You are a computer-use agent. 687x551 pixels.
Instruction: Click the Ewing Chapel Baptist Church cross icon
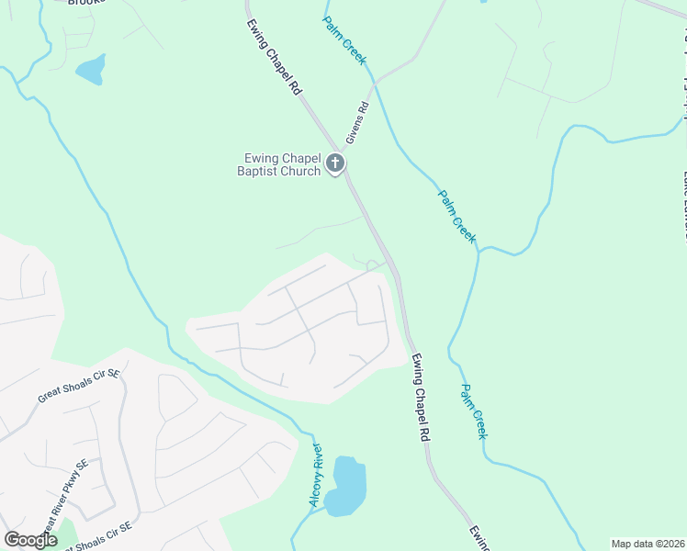(x=335, y=165)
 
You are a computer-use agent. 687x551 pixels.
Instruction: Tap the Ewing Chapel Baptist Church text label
(x=278, y=165)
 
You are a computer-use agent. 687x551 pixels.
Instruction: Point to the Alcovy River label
(x=316, y=474)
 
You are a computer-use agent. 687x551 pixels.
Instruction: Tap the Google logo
(x=30, y=540)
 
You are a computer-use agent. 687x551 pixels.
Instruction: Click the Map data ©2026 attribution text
(x=648, y=544)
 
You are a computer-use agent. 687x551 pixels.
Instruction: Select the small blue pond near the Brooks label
(x=90, y=69)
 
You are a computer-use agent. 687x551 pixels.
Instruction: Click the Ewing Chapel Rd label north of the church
(x=274, y=57)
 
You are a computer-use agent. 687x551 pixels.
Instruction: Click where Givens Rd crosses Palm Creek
(x=374, y=82)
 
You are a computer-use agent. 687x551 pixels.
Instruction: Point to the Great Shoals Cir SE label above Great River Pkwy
(x=79, y=387)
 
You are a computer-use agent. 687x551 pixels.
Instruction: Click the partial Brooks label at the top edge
(x=87, y=3)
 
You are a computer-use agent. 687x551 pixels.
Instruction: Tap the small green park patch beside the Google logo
(x=65, y=534)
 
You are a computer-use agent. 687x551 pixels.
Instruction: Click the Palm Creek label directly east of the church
(x=456, y=216)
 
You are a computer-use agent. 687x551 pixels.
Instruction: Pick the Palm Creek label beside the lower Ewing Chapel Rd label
(x=473, y=410)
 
